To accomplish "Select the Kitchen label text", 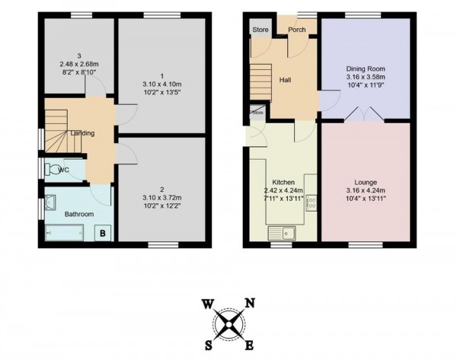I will pos(283,183).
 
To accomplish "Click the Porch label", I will pos(296,31).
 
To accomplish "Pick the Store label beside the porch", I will pos(261,30).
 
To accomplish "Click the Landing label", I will pos(82,133).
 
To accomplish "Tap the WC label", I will pos(66,169).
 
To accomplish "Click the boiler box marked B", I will pos(103,234).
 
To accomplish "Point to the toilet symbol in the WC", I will pos(51,169).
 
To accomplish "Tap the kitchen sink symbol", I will pos(280,230).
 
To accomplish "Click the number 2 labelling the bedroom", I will pos(162,189).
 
